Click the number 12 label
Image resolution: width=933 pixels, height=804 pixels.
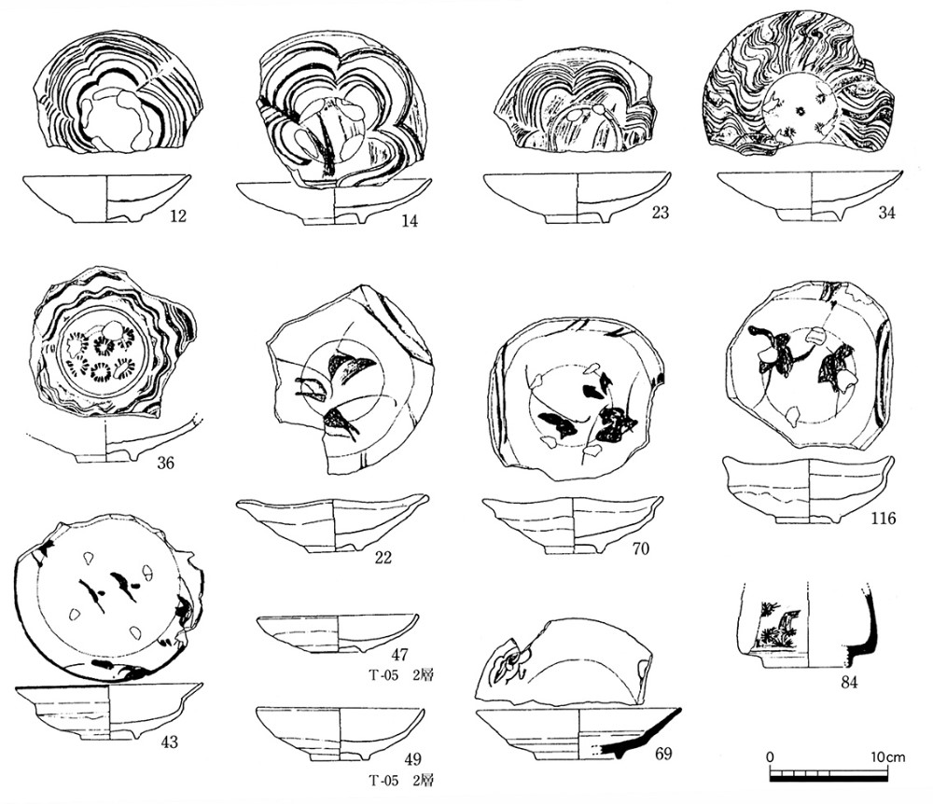pos(178,215)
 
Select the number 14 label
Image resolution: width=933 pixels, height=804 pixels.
pos(410,221)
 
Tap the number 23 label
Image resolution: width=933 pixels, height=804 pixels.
pos(660,213)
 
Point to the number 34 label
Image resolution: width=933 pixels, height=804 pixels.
pos(886,213)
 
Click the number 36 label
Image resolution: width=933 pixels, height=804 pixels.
pos(165,462)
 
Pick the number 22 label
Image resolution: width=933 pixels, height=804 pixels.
pos(383,557)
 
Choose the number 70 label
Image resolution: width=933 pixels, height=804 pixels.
pos(640,548)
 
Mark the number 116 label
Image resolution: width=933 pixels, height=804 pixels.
pos(883,519)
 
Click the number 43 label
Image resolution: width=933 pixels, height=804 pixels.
pos(169,742)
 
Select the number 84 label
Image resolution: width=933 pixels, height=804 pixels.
pos(849,682)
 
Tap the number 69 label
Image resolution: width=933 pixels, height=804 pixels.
pos(662,754)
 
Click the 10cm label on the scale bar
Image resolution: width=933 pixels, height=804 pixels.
pos(888,757)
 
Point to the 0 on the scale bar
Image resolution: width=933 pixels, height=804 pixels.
pos(770,757)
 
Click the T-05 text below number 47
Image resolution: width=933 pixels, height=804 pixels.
pos(383,675)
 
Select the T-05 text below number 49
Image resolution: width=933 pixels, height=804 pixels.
pos(383,781)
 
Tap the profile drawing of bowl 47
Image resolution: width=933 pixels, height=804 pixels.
pos(338,634)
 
